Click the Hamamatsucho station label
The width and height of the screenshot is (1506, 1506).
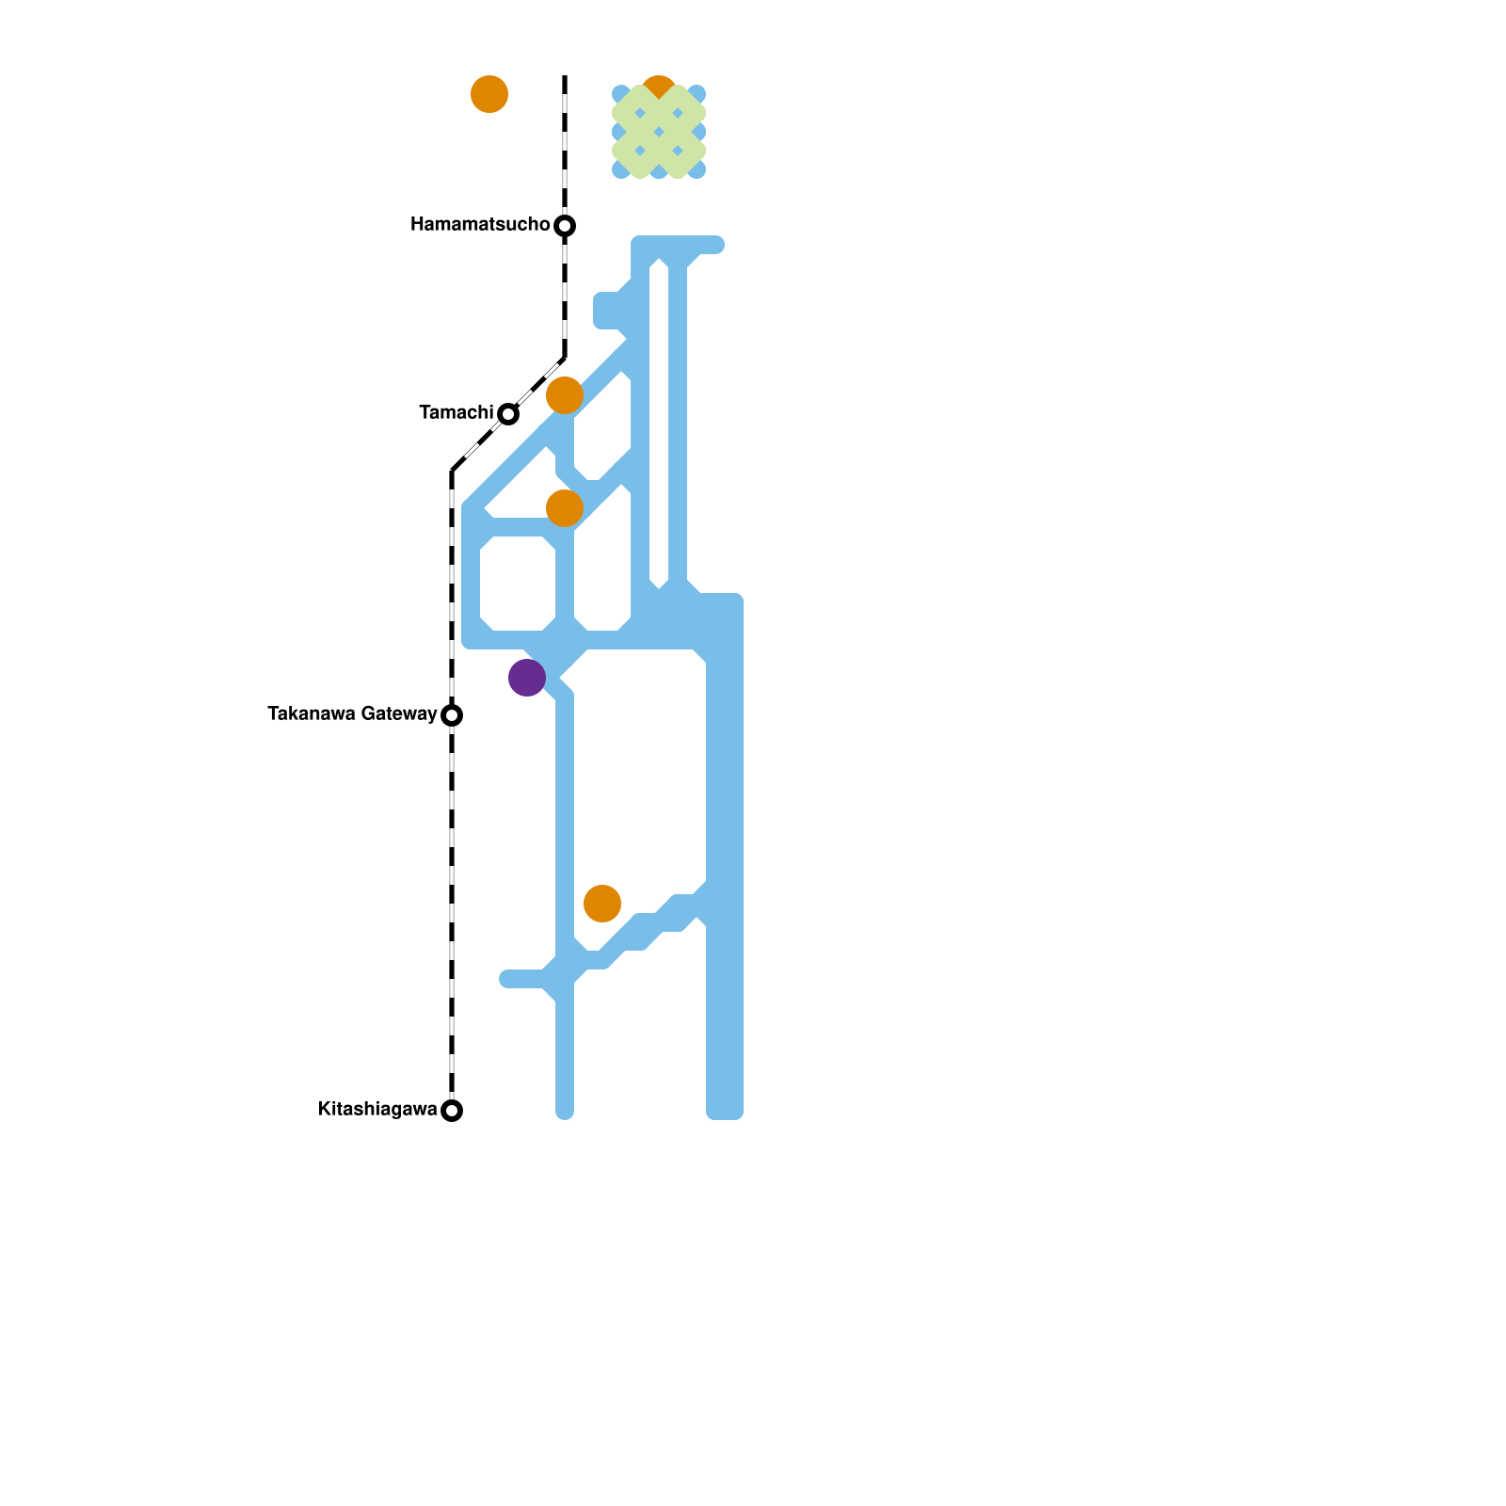480,225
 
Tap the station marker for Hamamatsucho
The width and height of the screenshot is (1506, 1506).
565,226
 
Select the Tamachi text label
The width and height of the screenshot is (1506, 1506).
457,413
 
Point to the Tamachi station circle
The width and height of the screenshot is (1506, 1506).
508,414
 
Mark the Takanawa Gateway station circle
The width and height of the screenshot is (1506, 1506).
452,715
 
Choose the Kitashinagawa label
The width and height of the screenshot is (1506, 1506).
377,1110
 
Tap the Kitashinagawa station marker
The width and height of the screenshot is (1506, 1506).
452,1111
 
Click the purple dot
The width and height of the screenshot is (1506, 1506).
527,678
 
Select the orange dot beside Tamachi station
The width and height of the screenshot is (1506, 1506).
565,395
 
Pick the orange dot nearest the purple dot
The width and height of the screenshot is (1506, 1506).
565,508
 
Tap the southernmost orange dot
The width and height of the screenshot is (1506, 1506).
602,904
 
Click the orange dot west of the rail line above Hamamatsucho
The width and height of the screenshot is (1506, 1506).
489,94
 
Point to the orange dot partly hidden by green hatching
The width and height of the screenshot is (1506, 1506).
659,84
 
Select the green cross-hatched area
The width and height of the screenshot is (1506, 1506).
659,132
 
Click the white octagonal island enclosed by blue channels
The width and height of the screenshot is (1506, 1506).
518,584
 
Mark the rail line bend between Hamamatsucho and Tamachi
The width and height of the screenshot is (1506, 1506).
565,358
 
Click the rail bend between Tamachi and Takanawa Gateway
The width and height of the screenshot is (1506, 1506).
453,470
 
